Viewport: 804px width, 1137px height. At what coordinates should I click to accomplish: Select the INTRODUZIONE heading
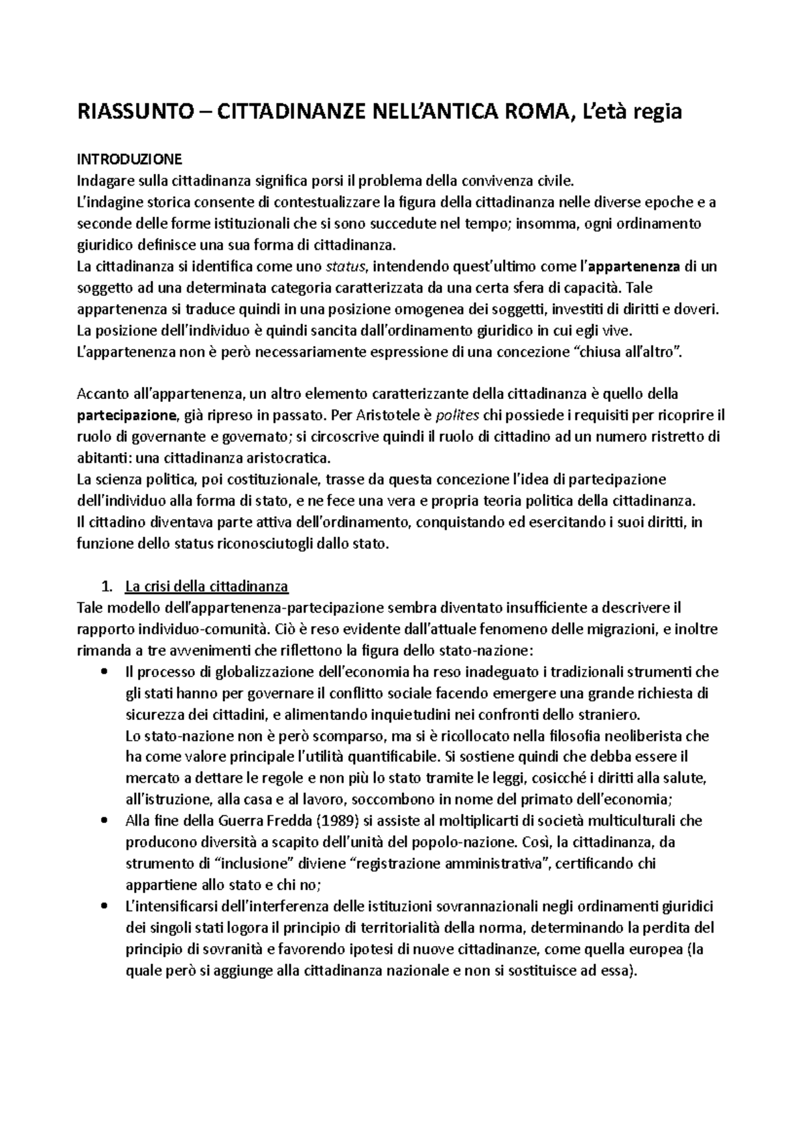point(129,159)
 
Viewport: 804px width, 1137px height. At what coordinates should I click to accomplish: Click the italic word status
point(346,267)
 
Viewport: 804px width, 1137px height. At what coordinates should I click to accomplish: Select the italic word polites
point(458,415)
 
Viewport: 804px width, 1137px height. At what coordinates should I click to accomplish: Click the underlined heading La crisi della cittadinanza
point(206,587)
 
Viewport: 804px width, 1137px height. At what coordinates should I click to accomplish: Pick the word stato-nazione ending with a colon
point(486,651)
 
